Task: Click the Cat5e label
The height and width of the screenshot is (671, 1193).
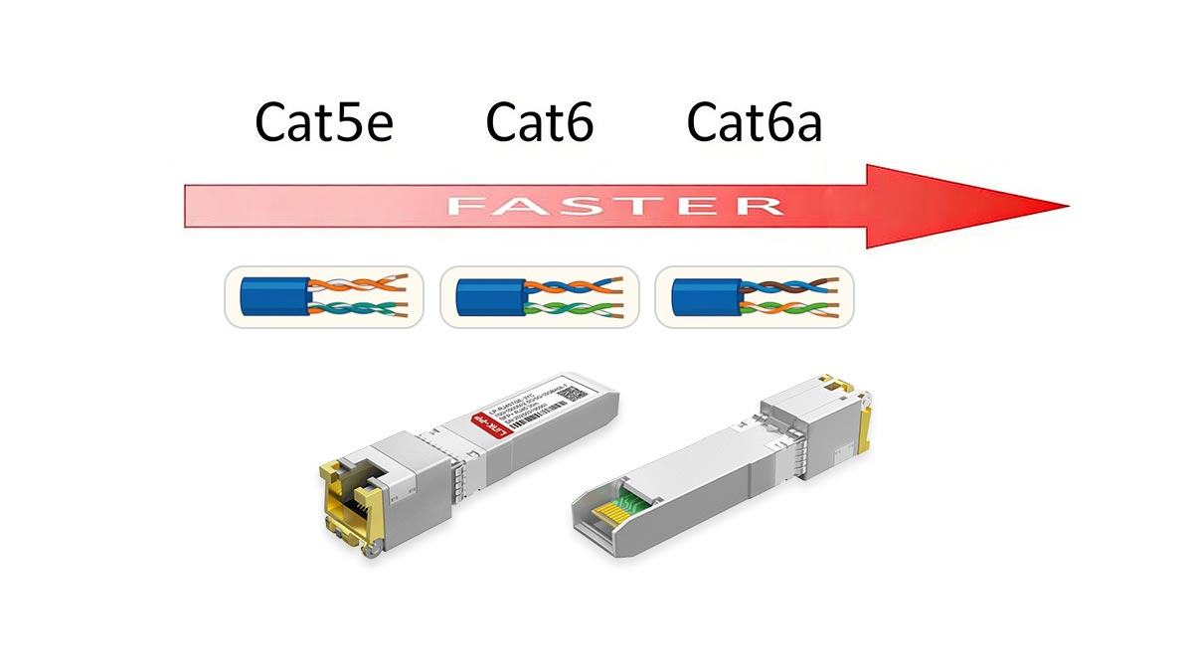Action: pos(325,123)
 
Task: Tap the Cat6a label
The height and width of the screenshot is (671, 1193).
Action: pos(755,123)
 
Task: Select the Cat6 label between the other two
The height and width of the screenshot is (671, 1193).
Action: pos(540,123)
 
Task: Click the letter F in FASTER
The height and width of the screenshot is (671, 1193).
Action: pos(466,206)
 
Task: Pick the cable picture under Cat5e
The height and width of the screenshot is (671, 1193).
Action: pos(324,296)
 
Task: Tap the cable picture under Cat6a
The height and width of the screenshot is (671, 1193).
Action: pos(754,296)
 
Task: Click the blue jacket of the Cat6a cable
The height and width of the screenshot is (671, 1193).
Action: pos(702,296)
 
